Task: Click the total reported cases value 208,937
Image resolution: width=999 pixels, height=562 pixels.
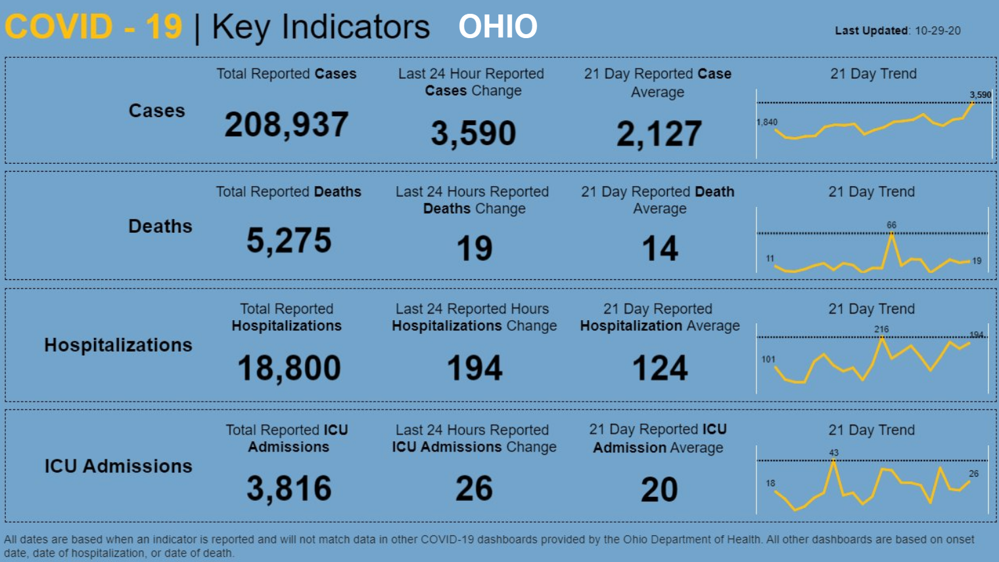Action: [287, 124]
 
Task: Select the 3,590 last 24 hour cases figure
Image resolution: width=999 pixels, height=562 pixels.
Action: [473, 133]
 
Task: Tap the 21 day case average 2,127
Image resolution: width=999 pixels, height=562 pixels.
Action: [659, 133]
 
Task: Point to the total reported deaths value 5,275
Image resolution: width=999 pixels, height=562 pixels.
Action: [289, 241]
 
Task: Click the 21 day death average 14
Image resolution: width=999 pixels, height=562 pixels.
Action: [659, 249]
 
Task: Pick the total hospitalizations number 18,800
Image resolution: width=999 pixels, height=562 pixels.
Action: [289, 367]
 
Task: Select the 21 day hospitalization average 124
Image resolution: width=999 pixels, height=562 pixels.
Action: [660, 367]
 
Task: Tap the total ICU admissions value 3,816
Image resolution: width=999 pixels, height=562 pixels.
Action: [289, 488]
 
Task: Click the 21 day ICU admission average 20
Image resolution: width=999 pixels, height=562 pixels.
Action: [659, 490]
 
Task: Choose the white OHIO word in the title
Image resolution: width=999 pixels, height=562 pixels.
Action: [498, 27]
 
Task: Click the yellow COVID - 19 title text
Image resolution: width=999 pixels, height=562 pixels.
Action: [93, 27]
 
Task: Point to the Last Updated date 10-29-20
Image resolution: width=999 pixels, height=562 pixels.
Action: [937, 31]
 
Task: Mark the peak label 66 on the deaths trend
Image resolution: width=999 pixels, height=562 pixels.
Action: [891, 225]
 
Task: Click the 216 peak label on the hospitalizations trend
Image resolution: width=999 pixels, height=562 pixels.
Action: [881, 329]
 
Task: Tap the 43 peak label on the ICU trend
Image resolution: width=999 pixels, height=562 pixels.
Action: [833, 452]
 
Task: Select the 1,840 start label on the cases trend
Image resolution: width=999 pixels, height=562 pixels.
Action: [767, 122]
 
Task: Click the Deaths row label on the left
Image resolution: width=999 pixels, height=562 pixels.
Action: [160, 226]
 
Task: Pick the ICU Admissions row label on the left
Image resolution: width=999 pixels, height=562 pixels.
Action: [118, 466]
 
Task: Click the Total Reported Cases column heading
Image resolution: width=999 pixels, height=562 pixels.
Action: [287, 74]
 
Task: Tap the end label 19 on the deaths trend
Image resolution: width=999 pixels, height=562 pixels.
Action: [977, 260]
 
